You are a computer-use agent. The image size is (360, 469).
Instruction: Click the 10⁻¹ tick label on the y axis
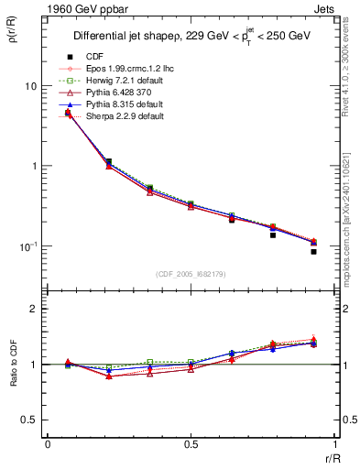tap(27, 246)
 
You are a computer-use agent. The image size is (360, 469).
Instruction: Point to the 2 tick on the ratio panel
tap(34, 309)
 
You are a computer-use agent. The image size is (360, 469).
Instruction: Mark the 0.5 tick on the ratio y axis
tap(29, 420)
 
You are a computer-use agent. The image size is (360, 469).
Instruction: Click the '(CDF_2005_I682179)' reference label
tap(190, 275)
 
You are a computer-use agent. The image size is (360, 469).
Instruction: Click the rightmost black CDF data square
tap(313, 251)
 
